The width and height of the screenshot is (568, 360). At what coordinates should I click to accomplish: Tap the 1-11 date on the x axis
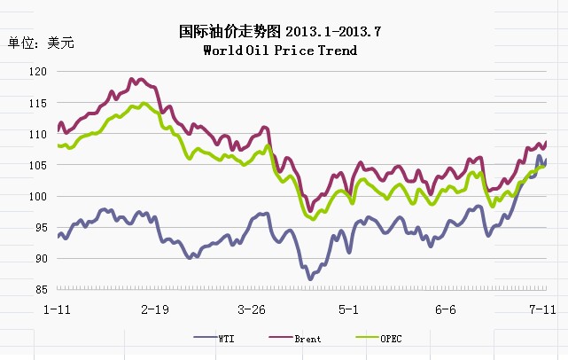[57, 309]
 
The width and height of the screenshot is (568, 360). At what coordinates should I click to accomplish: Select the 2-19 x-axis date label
[154, 309]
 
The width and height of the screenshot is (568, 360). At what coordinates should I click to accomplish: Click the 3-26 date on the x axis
[252, 309]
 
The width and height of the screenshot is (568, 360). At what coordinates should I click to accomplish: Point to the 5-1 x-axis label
[348, 309]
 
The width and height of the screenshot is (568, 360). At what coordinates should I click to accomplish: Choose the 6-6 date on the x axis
[446, 309]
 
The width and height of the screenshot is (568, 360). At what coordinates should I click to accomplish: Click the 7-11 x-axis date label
[542, 309]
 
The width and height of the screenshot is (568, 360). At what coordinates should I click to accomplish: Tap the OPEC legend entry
[391, 338]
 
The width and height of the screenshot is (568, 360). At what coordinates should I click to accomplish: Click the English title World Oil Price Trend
[280, 51]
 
